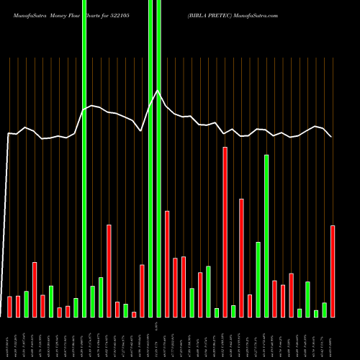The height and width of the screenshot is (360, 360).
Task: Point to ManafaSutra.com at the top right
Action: click(256, 15)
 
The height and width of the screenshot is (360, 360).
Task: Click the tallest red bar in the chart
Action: click(225, 232)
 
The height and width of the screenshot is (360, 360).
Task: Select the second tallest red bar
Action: click(241, 258)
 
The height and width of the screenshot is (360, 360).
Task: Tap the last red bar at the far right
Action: click(332, 271)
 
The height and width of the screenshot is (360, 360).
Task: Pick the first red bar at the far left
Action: click(9, 307)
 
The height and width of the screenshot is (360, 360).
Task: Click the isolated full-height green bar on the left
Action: click(84, 158)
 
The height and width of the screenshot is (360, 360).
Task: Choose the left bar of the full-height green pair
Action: click(150, 158)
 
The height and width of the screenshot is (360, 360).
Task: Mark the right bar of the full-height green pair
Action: click(158, 158)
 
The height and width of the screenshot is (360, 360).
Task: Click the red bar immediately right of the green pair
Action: click(167, 264)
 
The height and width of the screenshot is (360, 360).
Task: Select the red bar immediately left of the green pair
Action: click(142, 291)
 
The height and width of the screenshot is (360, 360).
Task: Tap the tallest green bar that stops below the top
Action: click(266, 235)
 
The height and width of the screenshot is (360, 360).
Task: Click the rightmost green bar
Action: click(324, 310)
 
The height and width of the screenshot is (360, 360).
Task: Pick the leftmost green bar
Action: click(26, 304)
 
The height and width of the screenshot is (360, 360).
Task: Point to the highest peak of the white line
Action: click(158, 90)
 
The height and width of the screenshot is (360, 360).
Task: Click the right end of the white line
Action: click(331, 137)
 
